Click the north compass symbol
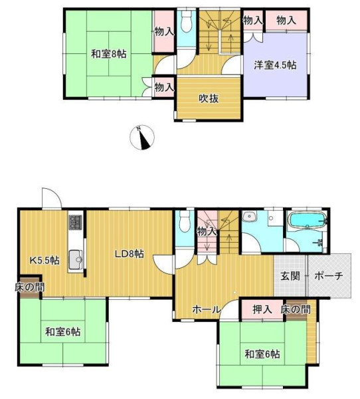(x=142, y=138)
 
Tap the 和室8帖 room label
(x=108, y=54)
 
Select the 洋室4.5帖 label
(x=276, y=65)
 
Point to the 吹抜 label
(x=209, y=98)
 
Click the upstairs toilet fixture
(x=187, y=21)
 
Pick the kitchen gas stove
(x=76, y=222)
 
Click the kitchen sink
(x=76, y=259)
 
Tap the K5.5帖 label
(x=45, y=260)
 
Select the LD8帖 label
(x=130, y=254)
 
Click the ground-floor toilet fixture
(x=185, y=221)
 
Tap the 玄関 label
(x=290, y=276)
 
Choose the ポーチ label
(x=329, y=276)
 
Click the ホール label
(x=206, y=310)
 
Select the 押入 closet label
(x=262, y=309)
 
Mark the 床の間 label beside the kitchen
(x=30, y=287)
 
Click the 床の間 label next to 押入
(x=296, y=309)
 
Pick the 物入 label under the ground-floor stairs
(x=207, y=232)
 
